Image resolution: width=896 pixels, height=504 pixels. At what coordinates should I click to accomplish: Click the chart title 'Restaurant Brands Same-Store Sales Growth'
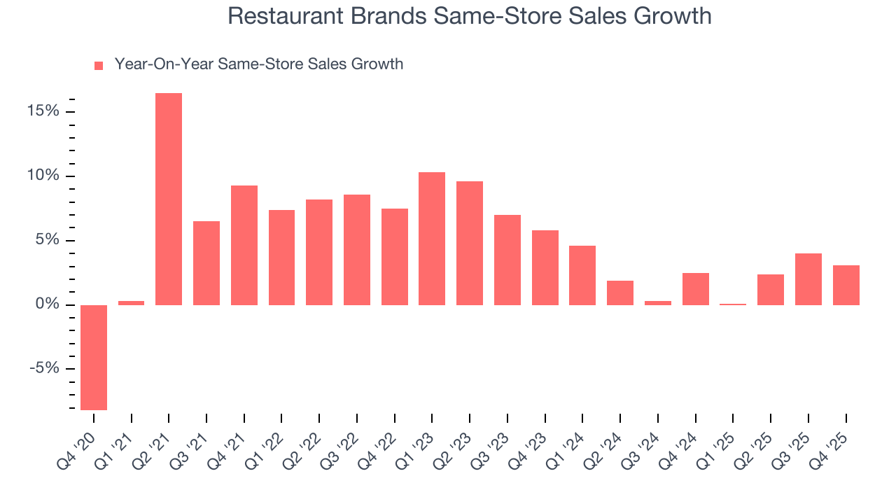(470, 17)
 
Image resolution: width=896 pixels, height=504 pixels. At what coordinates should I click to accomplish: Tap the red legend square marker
(99, 65)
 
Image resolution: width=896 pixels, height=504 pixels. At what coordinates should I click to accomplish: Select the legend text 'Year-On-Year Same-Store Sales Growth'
(258, 64)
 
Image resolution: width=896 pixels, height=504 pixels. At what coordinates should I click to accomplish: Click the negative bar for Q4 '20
(94, 357)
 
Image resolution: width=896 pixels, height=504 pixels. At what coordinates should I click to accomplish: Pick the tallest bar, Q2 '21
(169, 199)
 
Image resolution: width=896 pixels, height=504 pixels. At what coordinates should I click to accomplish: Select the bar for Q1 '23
(432, 238)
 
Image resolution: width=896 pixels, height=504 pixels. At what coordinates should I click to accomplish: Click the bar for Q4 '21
(244, 245)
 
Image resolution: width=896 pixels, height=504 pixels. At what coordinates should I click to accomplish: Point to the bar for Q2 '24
(620, 293)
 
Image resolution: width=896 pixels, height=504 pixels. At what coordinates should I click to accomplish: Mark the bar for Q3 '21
(206, 262)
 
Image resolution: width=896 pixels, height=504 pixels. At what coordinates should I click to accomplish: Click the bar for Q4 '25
(846, 285)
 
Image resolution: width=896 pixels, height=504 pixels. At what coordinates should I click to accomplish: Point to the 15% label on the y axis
(43, 112)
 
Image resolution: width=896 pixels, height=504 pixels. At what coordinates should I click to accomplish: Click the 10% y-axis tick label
(43, 176)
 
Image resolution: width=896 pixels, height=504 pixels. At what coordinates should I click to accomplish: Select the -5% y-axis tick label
(43, 370)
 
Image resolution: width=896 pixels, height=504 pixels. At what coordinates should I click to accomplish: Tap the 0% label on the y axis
(48, 305)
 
